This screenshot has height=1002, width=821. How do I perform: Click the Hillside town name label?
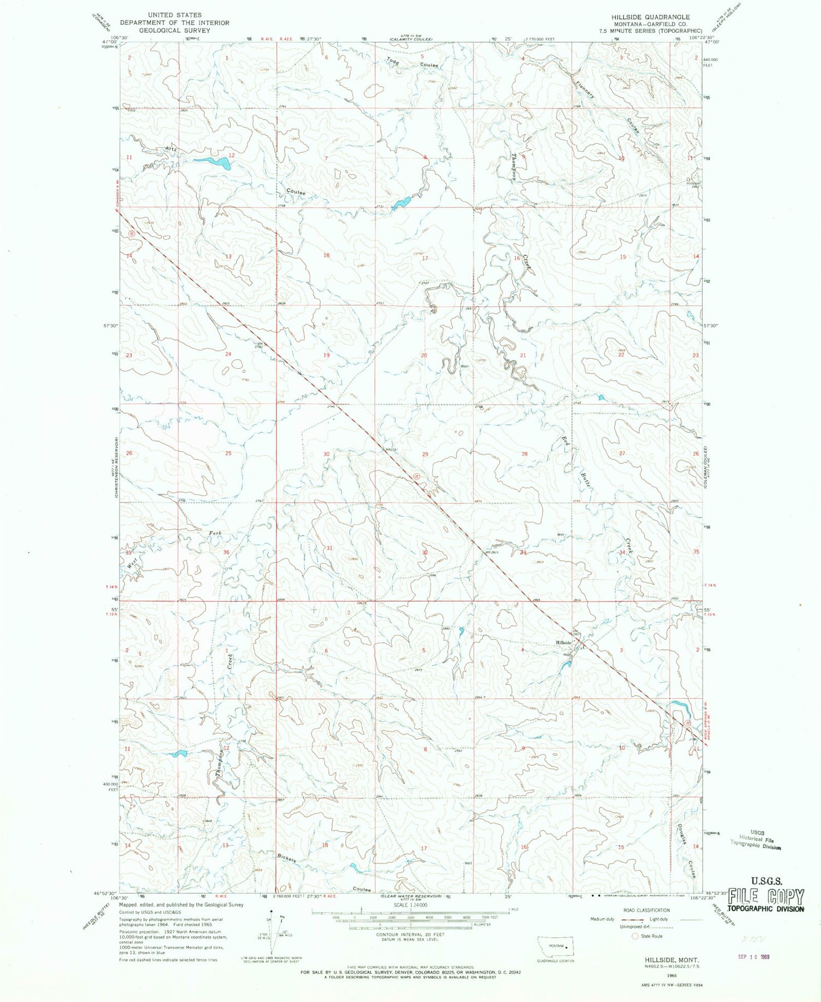pyautogui.click(x=564, y=642)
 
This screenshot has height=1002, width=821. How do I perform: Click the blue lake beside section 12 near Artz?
pyautogui.click(x=212, y=162)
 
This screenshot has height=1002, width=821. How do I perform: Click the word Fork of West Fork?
pyautogui.click(x=215, y=533)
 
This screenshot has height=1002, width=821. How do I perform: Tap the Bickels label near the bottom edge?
pyautogui.click(x=286, y=857)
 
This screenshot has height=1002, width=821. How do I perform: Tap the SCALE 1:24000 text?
pyautogui.click(x=405, y=906)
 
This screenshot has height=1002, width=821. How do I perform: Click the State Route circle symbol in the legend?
pyautogui.click(x=635, y=936)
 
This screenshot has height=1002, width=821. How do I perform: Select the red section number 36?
pyautogui.click(x=227, y=552)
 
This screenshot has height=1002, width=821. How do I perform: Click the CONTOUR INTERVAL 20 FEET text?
pyautogui.click(x=405, y=935)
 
